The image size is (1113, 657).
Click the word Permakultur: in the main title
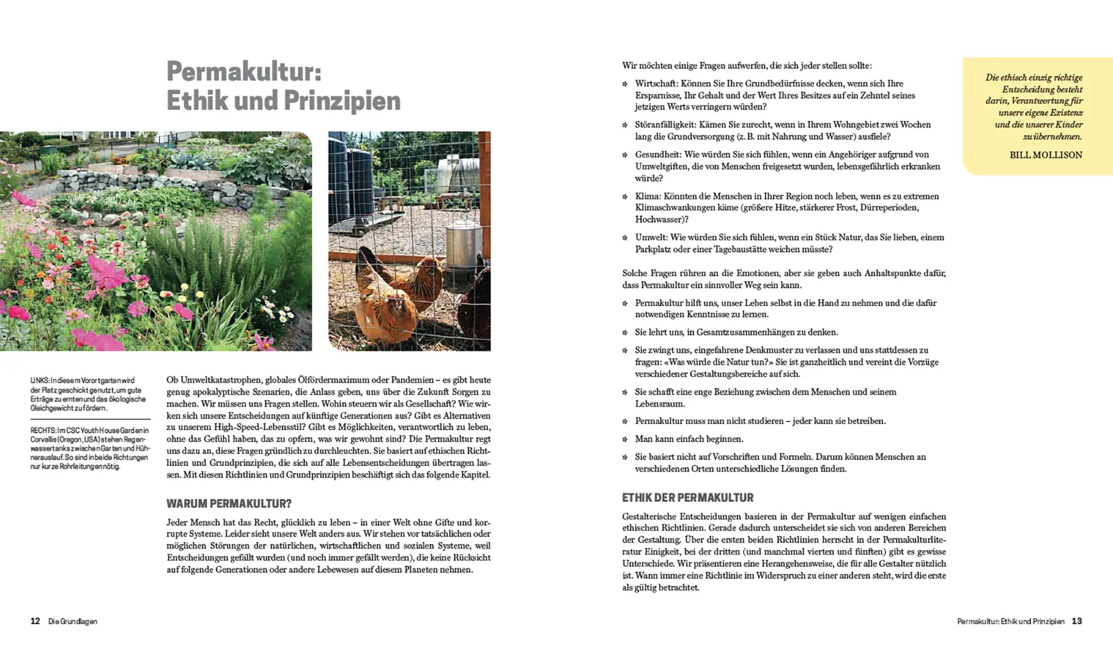[243, 72]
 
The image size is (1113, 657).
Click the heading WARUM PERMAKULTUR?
[229, 504]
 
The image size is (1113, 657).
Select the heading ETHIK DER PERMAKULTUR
[688, 498]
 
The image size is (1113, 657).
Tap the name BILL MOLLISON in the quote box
[1045, 155]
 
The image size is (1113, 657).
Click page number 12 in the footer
[35, 621]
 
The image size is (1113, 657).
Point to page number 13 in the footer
[1076, 621]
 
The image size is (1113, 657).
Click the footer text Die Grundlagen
[72, 622]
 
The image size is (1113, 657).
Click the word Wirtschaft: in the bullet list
[656, 84]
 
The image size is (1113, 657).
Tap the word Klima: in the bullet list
[647, 196]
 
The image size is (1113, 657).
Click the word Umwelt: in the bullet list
[651, 237]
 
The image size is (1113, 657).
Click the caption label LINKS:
[40, 381]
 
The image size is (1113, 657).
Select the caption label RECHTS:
[43, 431]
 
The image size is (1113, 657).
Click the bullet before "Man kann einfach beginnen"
[625, 439]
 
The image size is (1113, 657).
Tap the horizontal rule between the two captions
[90, 419]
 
